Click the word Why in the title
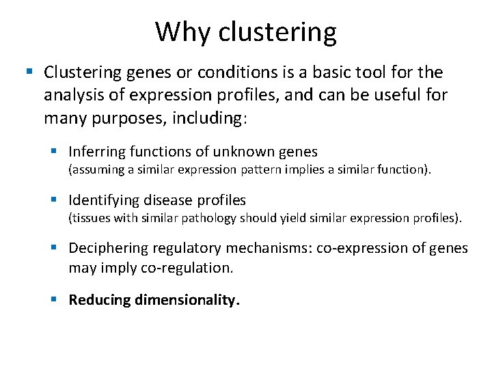[178, 31]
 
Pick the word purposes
[128, 118]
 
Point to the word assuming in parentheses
[98, 169]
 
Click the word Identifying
[103, 200]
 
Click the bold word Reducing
[100, 299]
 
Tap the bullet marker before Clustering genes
[29, 72]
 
